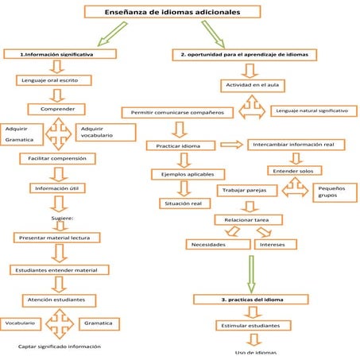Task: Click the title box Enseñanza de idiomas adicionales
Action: [172, 13]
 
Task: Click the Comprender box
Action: [57, 109]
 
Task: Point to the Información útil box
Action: [57, 188]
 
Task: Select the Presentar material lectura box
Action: [57, 238]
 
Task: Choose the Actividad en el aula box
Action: [254, 83]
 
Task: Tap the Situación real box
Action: [184, 203]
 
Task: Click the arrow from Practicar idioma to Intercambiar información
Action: [232, 145]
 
